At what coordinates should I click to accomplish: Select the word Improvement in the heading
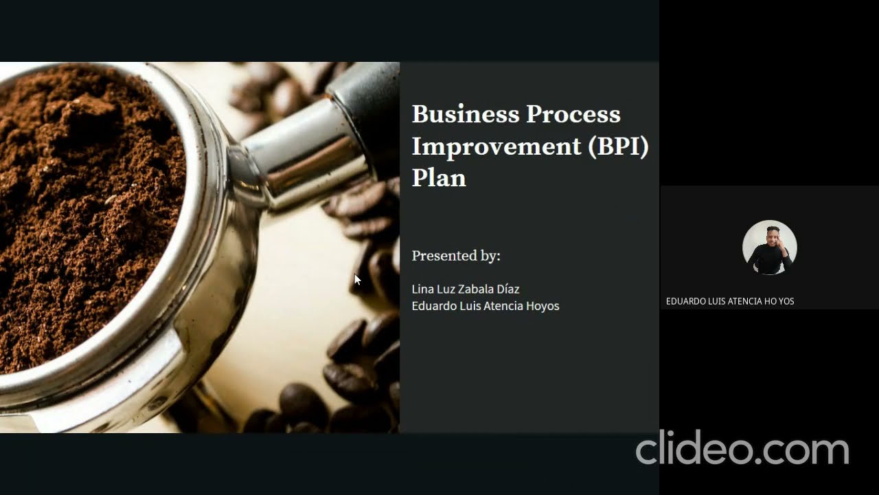click(x=496, y=146)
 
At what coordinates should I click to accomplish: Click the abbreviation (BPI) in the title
click(x=618, y=146)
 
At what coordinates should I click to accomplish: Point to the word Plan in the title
click(x=439, y=178)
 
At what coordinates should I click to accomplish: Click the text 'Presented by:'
click(x=456, y=256)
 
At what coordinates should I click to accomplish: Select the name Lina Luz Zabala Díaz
click(x=465, y=289)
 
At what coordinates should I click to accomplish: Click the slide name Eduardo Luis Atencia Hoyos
click(x=485, y=306)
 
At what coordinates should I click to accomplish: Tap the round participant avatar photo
click(x=769, y=247)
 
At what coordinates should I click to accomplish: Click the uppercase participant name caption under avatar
click(x=729, y=301)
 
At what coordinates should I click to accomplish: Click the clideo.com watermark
click(x=742, y=449)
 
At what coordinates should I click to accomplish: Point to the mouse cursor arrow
click(x=356, y=278)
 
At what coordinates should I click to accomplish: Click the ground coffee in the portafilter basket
click(x=82, y=206)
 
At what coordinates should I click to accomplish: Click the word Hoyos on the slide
click(x=543, y=306)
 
